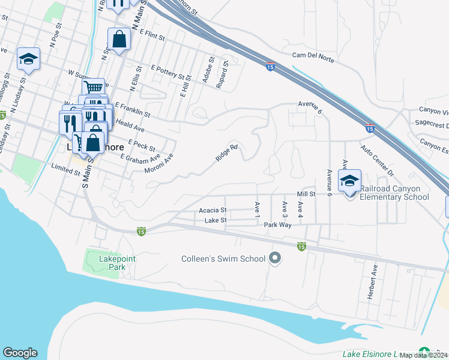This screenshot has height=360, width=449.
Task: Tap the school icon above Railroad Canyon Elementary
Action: pyautogui.click(x=349, y=179)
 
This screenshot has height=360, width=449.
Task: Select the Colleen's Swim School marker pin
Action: pyautogui.click(x=275, y=259)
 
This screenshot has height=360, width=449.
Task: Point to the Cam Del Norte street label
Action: pyautogui.click(x=312, y=56)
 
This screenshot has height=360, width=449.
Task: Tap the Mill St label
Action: pyautogui.click(x=306, y=194)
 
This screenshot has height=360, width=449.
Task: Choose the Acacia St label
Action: pyautogui.click(x=212, y=211)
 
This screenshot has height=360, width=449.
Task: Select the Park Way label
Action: pyautogui.click(x=278, y=224)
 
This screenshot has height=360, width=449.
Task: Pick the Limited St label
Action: pyautogui.click(x=65, y=170)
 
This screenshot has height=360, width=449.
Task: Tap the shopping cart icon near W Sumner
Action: pyautogui.click(x=93, y=88)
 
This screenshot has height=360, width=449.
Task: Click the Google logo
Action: pyautogui.click(x=20, y=353)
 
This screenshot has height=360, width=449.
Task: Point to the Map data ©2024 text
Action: pyautogui.click(x=424, y=355)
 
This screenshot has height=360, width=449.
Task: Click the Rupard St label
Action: pyautogui.click(x=222, y=74)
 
